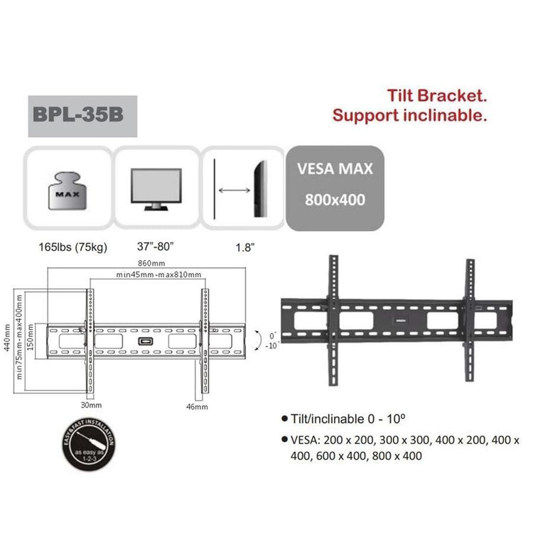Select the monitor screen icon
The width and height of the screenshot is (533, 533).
pos(157,188)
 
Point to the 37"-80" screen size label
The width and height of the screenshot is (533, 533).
pos(155,248)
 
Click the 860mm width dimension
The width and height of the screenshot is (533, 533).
pos(148,264)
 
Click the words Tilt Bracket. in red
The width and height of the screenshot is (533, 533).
pos(436,96)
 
